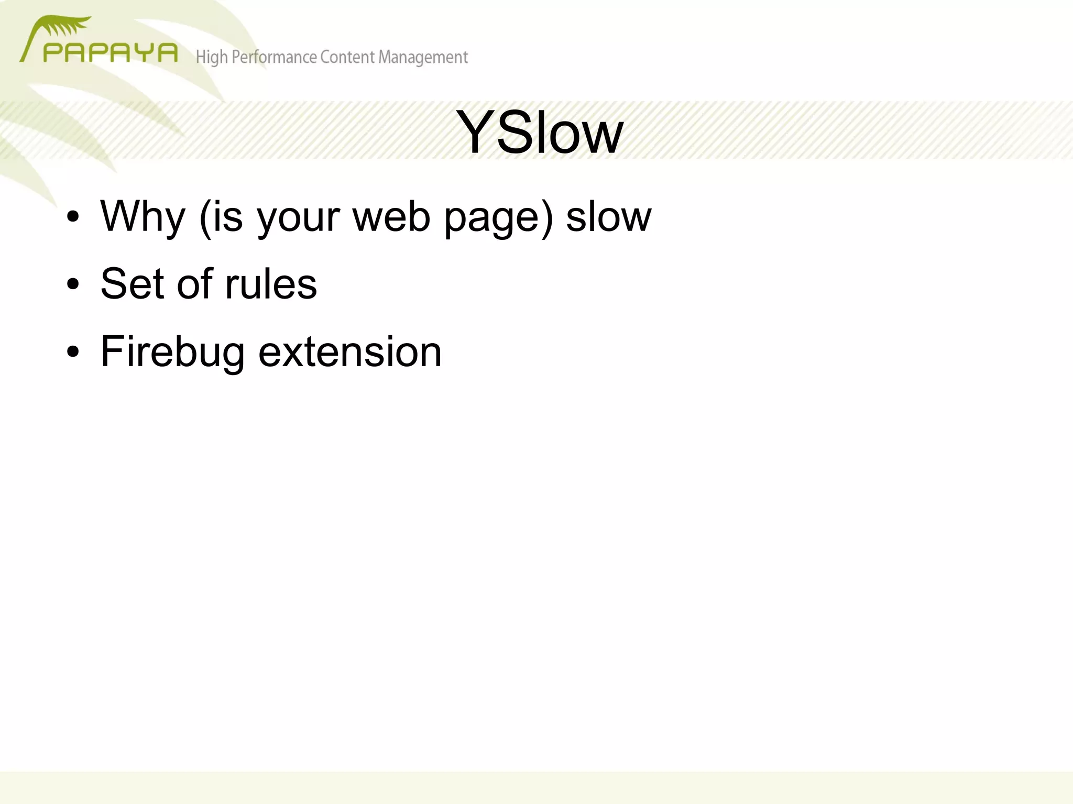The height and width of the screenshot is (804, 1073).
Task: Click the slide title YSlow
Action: (539, 133)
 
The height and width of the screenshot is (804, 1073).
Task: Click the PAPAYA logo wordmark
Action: (111, 53)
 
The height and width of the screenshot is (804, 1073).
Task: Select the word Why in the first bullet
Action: (143, 217)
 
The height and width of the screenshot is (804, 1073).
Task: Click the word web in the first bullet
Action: (391, 217)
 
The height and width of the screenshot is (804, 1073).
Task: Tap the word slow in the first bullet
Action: (608, 217)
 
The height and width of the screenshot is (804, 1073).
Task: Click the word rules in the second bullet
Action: (271, 284)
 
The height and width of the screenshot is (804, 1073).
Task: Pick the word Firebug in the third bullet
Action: (172, 353)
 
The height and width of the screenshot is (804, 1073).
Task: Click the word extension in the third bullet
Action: (350, 351)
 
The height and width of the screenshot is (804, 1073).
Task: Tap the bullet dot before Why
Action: (73, 217)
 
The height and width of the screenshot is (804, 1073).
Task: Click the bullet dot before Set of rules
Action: (73, 284)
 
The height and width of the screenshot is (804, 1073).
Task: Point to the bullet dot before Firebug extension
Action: (73, 352)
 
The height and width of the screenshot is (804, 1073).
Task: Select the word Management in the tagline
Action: (423, 57)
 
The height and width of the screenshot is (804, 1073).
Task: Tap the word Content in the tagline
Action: (347, 57)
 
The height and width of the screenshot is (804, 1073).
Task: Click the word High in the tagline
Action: (212, 57)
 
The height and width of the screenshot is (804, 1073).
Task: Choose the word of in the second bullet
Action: (194, 284)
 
